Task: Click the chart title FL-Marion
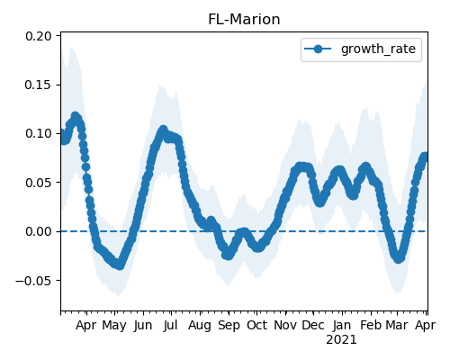[x=244, y=20]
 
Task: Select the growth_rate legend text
[x=378, y=49]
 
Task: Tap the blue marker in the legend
[x=318, y=49]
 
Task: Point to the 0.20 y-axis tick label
[x=39, y=36]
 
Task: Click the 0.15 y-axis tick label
[x=39, y=85]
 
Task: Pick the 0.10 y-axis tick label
[x=39, y=133]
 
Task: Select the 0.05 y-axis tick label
[x=39, y=183]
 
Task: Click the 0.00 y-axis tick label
[x=39, y=231]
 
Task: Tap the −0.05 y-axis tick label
[x=34, y=281]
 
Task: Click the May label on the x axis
[x=114, y=326]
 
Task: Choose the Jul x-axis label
[x=171, y=325]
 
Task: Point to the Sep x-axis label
[x=229, y=326]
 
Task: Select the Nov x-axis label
[x=285, y=325]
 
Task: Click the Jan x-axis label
[x=342, y=325]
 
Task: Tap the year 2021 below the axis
[x=341, y=340]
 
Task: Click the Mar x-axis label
[x=397, y=325]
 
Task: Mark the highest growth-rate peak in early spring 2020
[x=75, y=116]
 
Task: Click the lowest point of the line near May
[x=120, y=265]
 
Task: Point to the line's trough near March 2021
[x=398, y=258]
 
